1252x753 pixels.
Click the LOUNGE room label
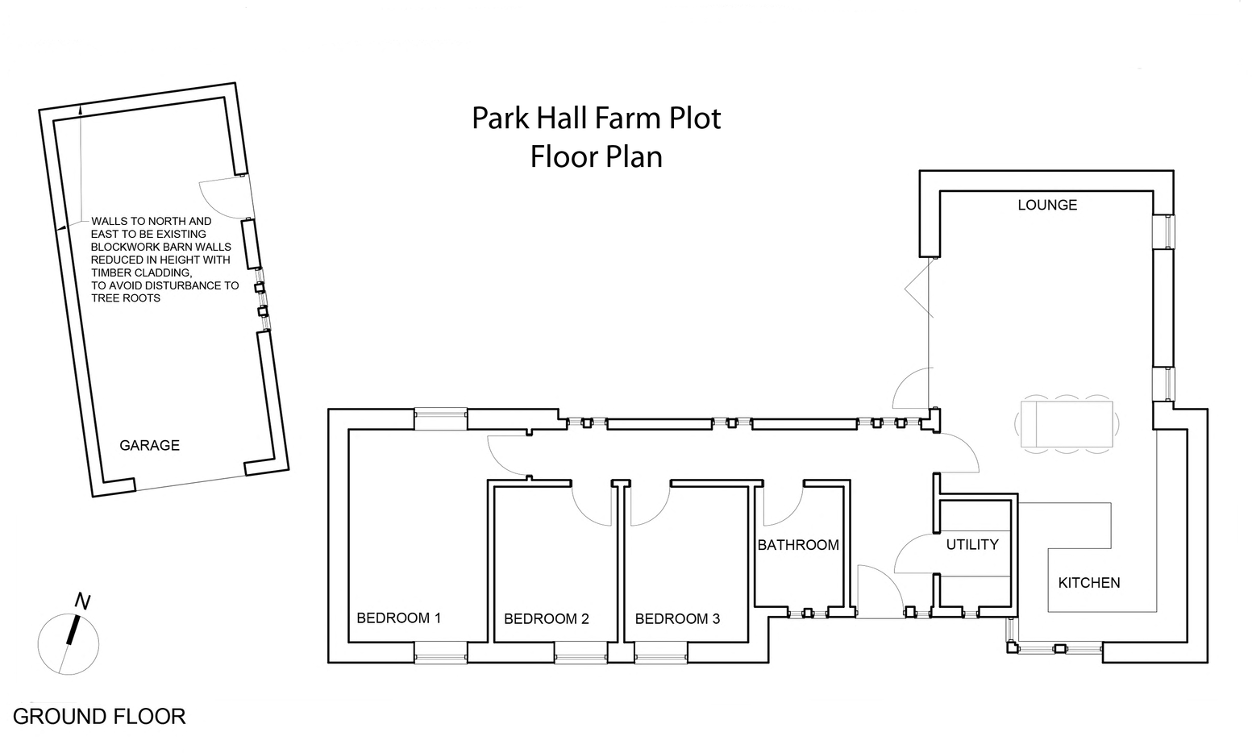(x=1047, y=205)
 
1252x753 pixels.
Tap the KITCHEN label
(x=1088, y=583)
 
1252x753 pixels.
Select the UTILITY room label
(x=971, y=545)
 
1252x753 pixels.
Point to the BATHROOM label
(x=798, y=546)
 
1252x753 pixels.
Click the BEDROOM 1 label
(x=398, y=618)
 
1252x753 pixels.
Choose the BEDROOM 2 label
(x=546, y=619)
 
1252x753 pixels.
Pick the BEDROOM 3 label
(x=677, y=619)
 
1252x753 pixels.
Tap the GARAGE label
(x=149, y=445)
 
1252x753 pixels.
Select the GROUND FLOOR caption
(x=99, y=716)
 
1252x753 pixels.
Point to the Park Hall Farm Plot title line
(x=596, y=119)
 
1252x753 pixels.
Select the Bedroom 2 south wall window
(x=580, y=652)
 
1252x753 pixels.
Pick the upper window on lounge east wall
(x=1163, y=232)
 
